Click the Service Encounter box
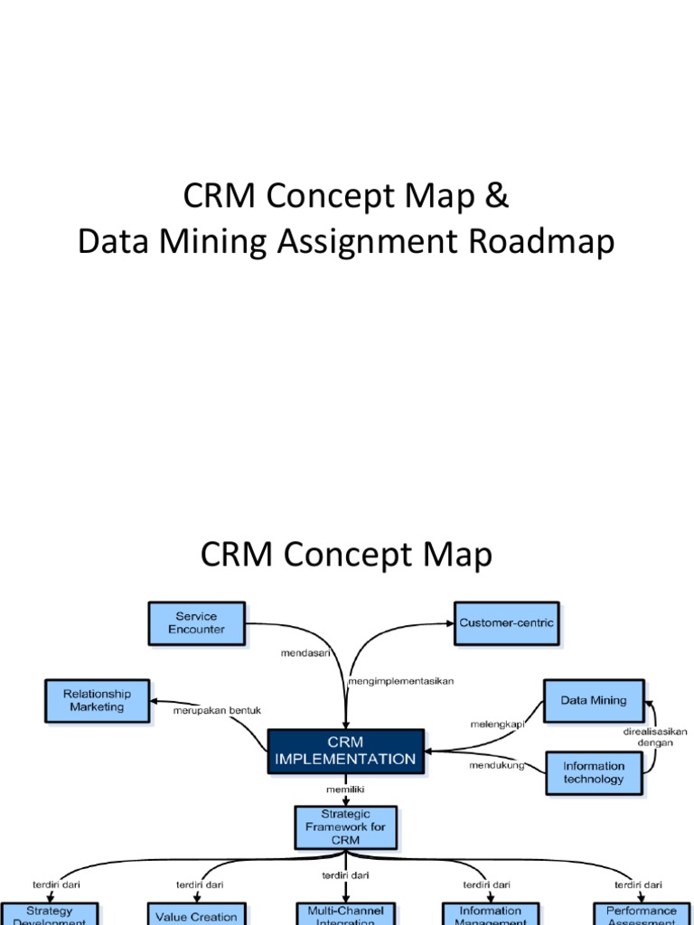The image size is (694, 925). (x=196, y=623)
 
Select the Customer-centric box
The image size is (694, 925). (x=506, y=623)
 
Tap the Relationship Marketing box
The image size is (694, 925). (x=97, y=700)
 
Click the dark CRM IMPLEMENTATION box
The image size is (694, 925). (x=345, y=751)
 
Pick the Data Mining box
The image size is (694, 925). (x=593, y=700)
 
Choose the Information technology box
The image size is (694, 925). (x=593, y=772)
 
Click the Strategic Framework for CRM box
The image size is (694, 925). (x=345, y=827)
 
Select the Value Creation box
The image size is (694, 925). (x=195, y=914)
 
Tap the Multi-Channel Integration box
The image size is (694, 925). (x=345, y=914)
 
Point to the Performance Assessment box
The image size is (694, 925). (x=641, y=914)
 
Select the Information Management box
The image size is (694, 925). (x=490, y=914)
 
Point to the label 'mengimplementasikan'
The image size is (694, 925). (x=401, y=680)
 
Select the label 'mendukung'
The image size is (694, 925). (x=496, y=766)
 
